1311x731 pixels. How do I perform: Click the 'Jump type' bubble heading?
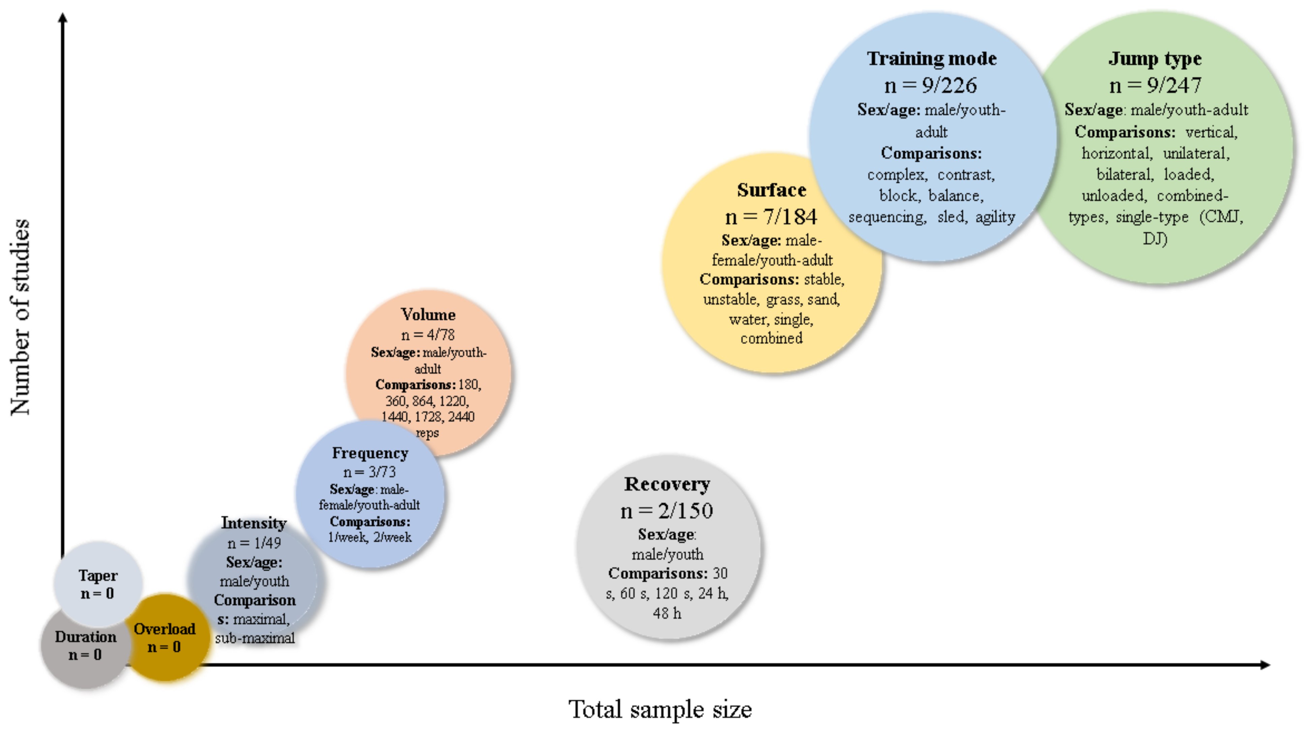click(1155, 59)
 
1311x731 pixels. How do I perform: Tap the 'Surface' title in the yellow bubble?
click(771, 191)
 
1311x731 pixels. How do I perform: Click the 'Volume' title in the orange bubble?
click(428, 315)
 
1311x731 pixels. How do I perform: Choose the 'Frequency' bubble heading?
click(370, 453)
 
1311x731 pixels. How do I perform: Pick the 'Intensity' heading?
click(254, 523)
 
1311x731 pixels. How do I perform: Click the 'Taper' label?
click(98, 576)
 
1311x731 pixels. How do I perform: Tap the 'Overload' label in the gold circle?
click(165, 629)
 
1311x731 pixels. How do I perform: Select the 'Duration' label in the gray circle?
click(86, 637)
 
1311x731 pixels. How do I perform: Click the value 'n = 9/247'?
click(1155, 86)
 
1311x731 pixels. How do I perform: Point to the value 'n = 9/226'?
click(931, 86)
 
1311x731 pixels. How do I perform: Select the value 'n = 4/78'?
click(428, 335)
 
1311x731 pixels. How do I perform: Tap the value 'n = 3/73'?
click(370, 472)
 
